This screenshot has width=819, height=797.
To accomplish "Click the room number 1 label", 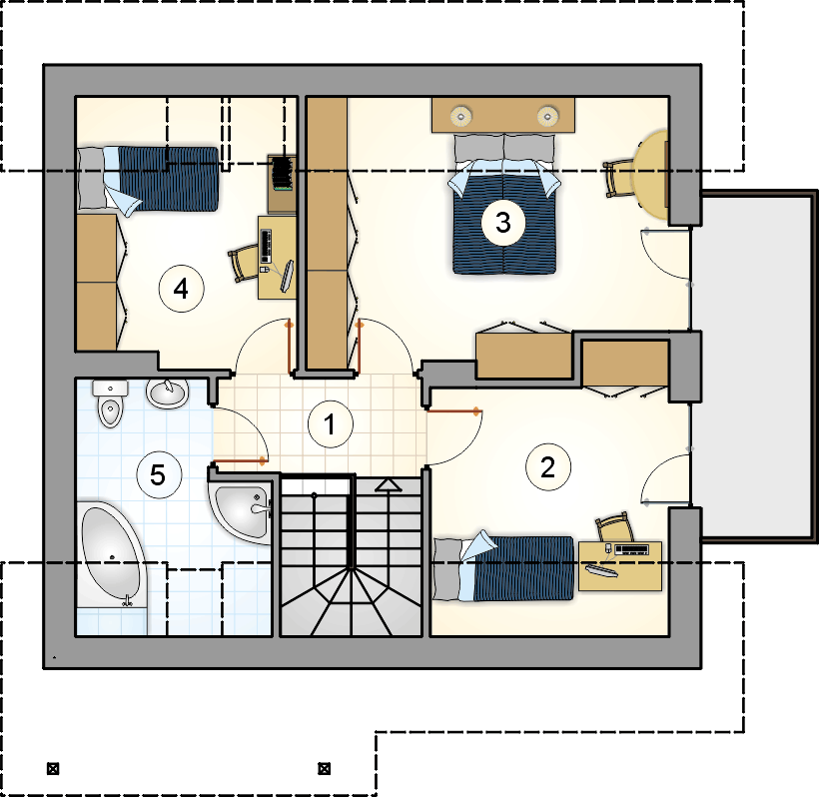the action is pyautogui.click(x=331, y=423).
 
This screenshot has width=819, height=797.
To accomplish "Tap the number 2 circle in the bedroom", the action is pyautogui.click(x=548, y=467).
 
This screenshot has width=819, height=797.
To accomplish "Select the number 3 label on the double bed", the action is pyautogui.click(x=503, y=223).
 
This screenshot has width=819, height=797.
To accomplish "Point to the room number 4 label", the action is pyautogui.click(x=181, y=289).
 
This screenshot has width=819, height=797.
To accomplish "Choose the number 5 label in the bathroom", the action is pyautogui.click(x=159, y=475).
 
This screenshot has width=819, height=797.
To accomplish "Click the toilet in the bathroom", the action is pyautogui.click(x=110, y=403).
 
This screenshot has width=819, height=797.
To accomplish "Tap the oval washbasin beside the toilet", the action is pyautogui.click(x=167, y=393).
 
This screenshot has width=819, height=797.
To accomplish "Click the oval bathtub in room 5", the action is pyautogui.click(x=111, y=554).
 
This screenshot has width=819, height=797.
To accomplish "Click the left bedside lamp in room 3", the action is pyautogui.click(x=461, y=116).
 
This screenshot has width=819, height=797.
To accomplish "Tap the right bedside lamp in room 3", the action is pyautogui.click(x=547, y=116).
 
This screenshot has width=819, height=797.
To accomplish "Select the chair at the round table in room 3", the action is pyautogui.click(x=617, y=178).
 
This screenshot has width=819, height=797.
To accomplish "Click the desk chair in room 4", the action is pyautogui.click(x=243, y=265).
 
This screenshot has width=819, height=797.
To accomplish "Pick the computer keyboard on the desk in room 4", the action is pyautogui.click(x=266, y=246).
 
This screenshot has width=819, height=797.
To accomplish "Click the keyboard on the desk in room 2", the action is pyautogui.click(x=632, y=549).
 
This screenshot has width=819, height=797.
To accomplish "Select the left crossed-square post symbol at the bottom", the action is pyautogui.click(x=53, y=769).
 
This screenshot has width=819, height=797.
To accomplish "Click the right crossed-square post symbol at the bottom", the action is pyautogui.click(x=325, y=768).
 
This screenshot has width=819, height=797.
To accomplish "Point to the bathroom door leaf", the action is pyautogui.click(x=240, y=461).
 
